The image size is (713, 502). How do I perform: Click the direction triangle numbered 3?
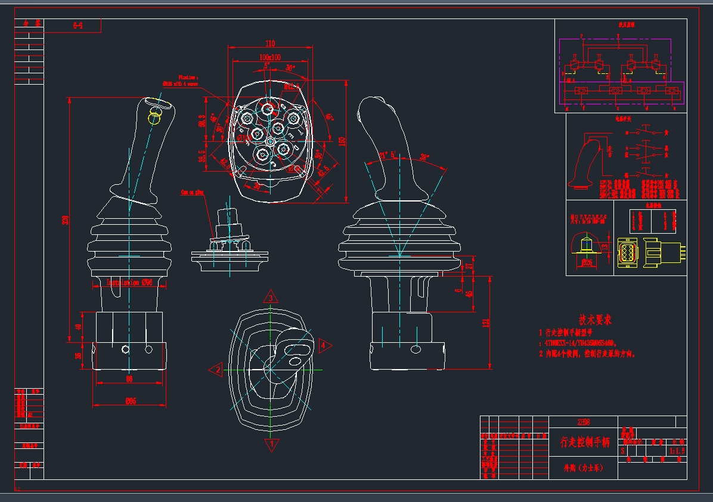coord(270,298)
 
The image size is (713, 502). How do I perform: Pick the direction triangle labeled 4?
coord(324,345)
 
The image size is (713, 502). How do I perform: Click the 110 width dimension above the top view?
coord(270,44)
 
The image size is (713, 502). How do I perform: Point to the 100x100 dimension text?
coord(270,57)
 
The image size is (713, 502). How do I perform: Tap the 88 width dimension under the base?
coord(129,379)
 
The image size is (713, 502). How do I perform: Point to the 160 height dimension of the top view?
coord(342,141)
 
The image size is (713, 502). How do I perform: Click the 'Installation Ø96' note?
coord(129,282)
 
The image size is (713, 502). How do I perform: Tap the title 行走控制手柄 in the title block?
coord(585,442)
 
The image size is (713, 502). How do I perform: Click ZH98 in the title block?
coord(584,422)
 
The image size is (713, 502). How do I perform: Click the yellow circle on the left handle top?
coord(154,117)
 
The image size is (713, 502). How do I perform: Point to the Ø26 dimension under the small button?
coord(587,262)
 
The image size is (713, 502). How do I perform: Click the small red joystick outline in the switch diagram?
coord(587,162)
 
